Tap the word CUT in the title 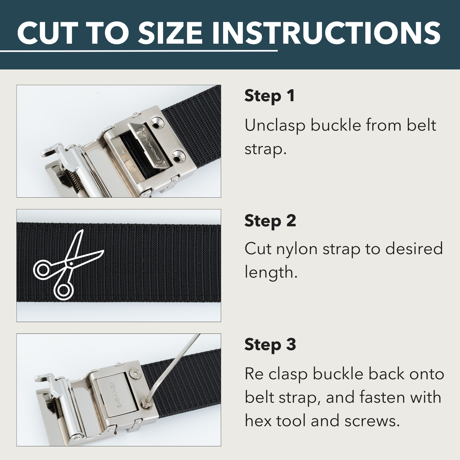pyautogui.click(x=48, y=33)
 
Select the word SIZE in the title pyautogui.click(x=170, y=33)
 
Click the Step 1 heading pyautogui.click(x=269, y=96)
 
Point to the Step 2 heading pyautogui.click(x=270, y=221)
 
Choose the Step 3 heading pyautogui.click(x=270, y=345)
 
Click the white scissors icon pyautogui.click(x=67, y=266)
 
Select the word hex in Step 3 pyautogui.click(x=258, y=421)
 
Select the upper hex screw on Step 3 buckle pyautogui.click(x=135, y=374)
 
